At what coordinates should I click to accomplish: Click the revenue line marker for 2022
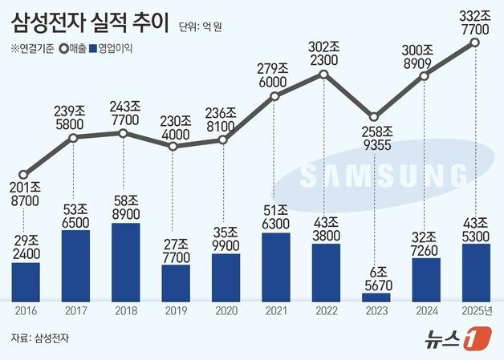click(x=323, y=75)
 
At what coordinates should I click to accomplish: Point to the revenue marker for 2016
click(x=24, y=174)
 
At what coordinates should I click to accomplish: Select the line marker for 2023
click(x=373, y=117)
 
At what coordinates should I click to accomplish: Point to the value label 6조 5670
click(x=374, y=273)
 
